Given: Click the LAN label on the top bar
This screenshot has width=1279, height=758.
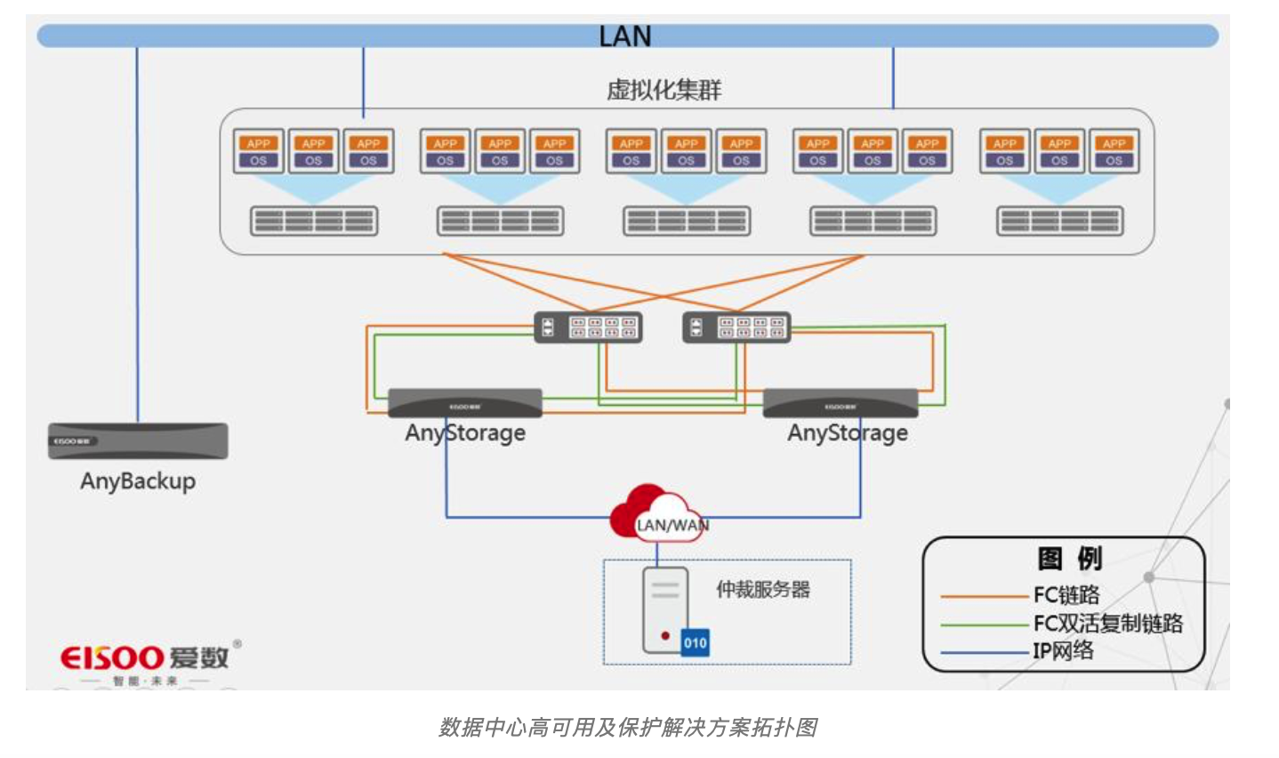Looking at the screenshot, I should tap(625, 36).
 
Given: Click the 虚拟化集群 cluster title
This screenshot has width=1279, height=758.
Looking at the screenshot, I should tap(664, 90).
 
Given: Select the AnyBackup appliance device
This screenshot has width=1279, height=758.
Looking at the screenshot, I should tap(138, 441).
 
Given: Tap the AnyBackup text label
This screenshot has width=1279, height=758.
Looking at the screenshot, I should tap(138, 481).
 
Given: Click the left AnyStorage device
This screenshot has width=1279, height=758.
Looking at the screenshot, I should tap(465, 403).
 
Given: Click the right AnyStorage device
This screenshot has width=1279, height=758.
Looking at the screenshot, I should tap(841, 403).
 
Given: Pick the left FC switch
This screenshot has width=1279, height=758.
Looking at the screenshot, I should tap(588, 327).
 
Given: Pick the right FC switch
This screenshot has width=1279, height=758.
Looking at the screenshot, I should tap(736, 327).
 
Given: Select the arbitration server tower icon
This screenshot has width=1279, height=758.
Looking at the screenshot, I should tap(665, 609).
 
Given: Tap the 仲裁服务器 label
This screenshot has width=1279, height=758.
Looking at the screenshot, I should tap(763, 590).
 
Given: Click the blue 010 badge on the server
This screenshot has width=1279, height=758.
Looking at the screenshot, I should tap(696, 642).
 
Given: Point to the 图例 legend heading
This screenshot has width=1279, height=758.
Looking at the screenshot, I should tap(1069, 559).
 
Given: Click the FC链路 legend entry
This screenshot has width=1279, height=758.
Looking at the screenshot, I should tap(1066, 595).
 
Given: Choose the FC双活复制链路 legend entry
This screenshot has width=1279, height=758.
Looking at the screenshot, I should tap(1108, 624).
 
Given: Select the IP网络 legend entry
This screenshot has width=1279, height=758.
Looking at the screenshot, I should tap(1063, 651).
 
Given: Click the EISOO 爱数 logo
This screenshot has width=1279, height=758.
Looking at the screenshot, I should tap(148, 659).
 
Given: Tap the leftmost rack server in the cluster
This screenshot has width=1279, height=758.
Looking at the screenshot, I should tap(314, 221).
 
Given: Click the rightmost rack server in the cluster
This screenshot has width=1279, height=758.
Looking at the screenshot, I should tap(1060, 221).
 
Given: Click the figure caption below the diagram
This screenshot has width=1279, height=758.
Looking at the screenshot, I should tap(628, 728).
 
